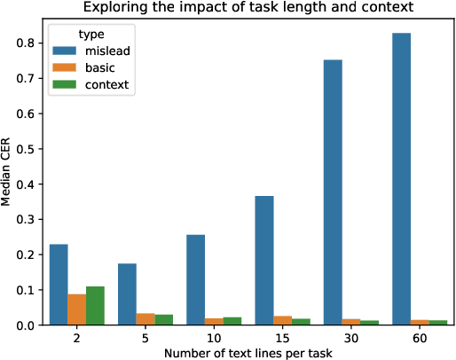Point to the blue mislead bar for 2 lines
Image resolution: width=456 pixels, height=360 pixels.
tap(59, 285)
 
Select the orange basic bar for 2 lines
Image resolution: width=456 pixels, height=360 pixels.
tap(77, 309)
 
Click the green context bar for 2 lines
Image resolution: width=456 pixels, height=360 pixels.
tap(96, 306)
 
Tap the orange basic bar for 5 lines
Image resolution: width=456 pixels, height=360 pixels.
tap(145, 319)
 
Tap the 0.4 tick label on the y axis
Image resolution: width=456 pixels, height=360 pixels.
tap(28, 184)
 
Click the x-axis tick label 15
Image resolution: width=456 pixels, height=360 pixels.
tap(281, 339)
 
